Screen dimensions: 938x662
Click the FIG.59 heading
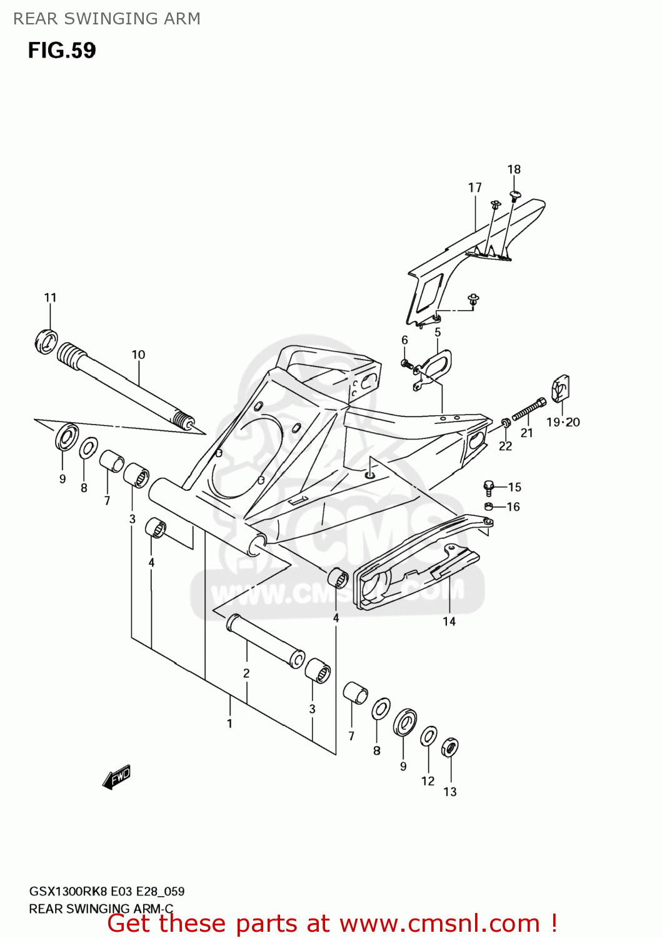(x=61, y=51)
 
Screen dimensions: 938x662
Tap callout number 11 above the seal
(x=50, y=298)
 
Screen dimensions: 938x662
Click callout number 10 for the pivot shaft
(x=138, y=355)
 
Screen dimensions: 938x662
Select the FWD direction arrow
(x=117, y=777)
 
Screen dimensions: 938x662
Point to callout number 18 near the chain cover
(x=514, y=169)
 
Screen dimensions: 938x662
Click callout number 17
(x=475, y=188)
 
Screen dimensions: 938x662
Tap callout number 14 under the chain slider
(x=449, y=621)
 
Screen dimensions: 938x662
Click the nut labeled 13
(x=449, y=747)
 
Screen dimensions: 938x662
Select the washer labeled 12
(x=428, y=737)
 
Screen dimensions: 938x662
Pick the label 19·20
(x=563, y=422)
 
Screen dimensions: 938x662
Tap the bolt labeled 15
(x=489, y=487)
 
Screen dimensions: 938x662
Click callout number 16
(x=513, y=507)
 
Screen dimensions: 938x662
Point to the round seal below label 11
(x=46, y=341)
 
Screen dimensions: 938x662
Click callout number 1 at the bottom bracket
(x=229, y=724)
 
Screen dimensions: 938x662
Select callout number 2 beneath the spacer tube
(x=246, y=673)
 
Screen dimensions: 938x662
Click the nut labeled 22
(x=506, y=424)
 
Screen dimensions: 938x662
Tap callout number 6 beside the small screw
(x=404, y=340)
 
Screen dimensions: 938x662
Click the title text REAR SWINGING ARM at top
(x=107, y=19)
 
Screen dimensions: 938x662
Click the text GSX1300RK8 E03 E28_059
(x=106, y=891)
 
